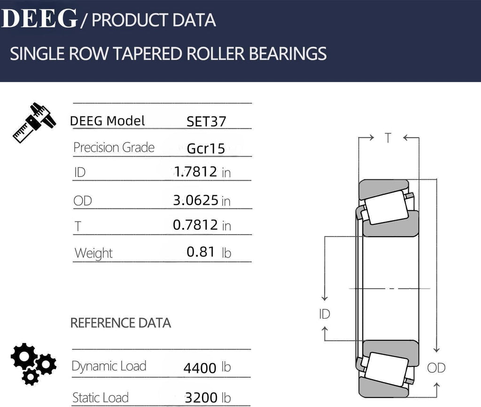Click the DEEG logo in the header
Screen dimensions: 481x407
(x=39, y=19)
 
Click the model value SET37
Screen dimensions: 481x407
(x=206, y=122)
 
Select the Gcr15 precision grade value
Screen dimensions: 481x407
(x=206, y=149)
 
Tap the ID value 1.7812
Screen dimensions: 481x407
(x=195, y=172)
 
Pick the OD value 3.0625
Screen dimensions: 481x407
(x=195, y=200)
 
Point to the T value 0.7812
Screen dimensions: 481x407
(x=195, y=225)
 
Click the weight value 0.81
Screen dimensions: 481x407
(x=201, y=252)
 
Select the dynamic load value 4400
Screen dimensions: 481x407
(x=200, y=368)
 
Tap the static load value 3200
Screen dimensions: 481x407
(x=201, y=398)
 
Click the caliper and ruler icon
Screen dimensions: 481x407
(x=34, y=123)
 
